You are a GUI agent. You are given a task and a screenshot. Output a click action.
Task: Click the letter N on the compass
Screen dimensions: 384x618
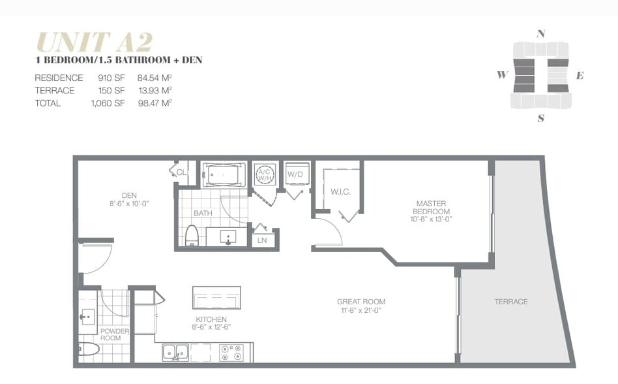(540, 34)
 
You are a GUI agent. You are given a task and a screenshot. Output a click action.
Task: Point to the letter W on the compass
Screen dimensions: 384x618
(502, 74)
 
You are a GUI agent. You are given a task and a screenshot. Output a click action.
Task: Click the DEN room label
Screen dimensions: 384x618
(128, 195)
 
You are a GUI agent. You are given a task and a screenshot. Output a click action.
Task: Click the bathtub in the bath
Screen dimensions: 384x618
(224, 174)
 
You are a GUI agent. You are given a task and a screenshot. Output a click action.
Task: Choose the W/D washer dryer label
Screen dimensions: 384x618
(295, 174)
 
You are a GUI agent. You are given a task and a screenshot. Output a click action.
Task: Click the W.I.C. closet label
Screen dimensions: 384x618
(341, 191)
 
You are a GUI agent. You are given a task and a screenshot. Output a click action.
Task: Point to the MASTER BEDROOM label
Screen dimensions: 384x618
(432, 208)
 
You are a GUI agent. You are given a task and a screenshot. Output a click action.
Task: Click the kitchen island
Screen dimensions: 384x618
(216, 297)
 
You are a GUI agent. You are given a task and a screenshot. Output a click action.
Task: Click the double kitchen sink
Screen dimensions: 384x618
(175, 352)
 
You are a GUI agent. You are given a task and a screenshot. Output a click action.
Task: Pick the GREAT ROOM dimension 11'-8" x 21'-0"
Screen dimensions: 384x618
(360, 311)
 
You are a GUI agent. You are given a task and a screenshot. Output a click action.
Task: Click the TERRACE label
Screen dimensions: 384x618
(511, 302)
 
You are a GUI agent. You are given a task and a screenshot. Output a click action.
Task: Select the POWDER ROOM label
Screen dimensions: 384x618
(115, 334)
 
